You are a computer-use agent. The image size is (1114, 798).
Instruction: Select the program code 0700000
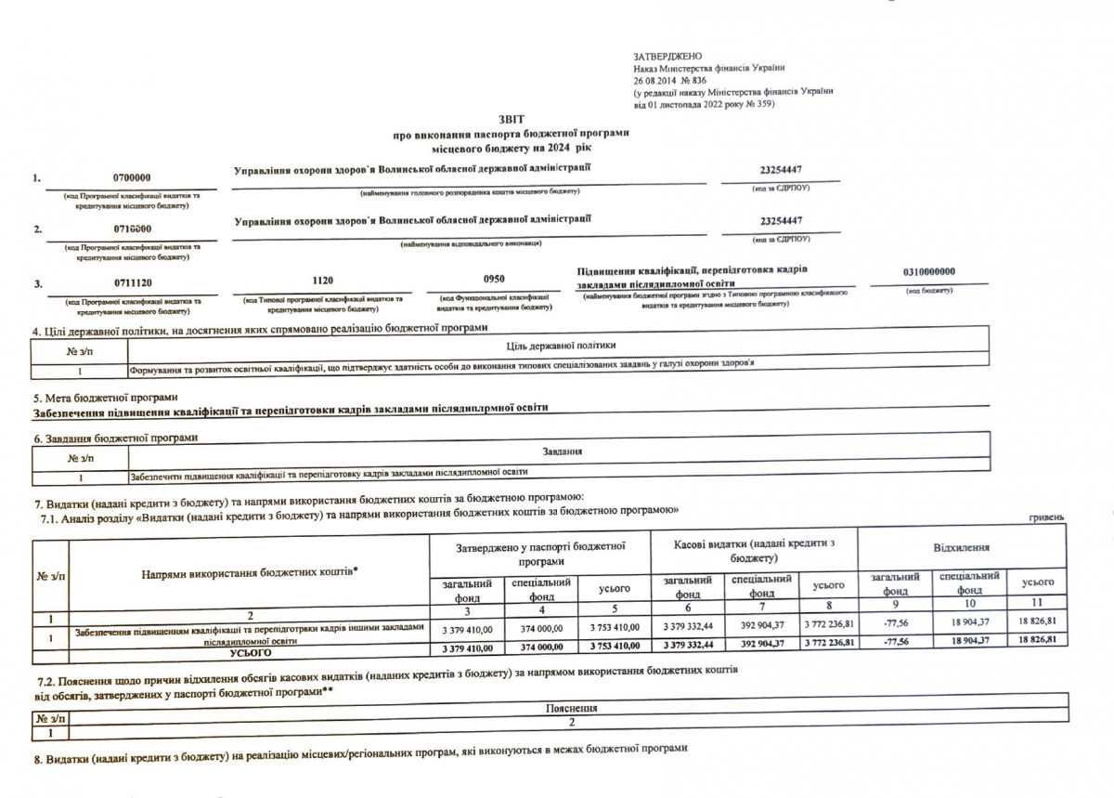(x=131, y=177)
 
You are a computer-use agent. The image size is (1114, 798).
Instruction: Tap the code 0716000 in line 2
(x=131, y=229)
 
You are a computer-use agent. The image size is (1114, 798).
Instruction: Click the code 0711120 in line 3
(x=131, y=283)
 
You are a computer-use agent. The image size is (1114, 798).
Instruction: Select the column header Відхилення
(x=961, y=551)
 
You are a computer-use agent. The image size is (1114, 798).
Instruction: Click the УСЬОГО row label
(x=250, y=652)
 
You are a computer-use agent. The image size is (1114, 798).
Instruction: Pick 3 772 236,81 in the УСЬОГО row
(x=830, y=643)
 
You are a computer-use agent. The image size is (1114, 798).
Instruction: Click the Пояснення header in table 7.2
(x=572, y=707)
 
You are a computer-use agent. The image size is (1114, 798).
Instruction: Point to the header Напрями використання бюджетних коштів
(x=250, y=574)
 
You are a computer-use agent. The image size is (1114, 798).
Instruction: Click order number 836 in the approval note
(x=687, y=81)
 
